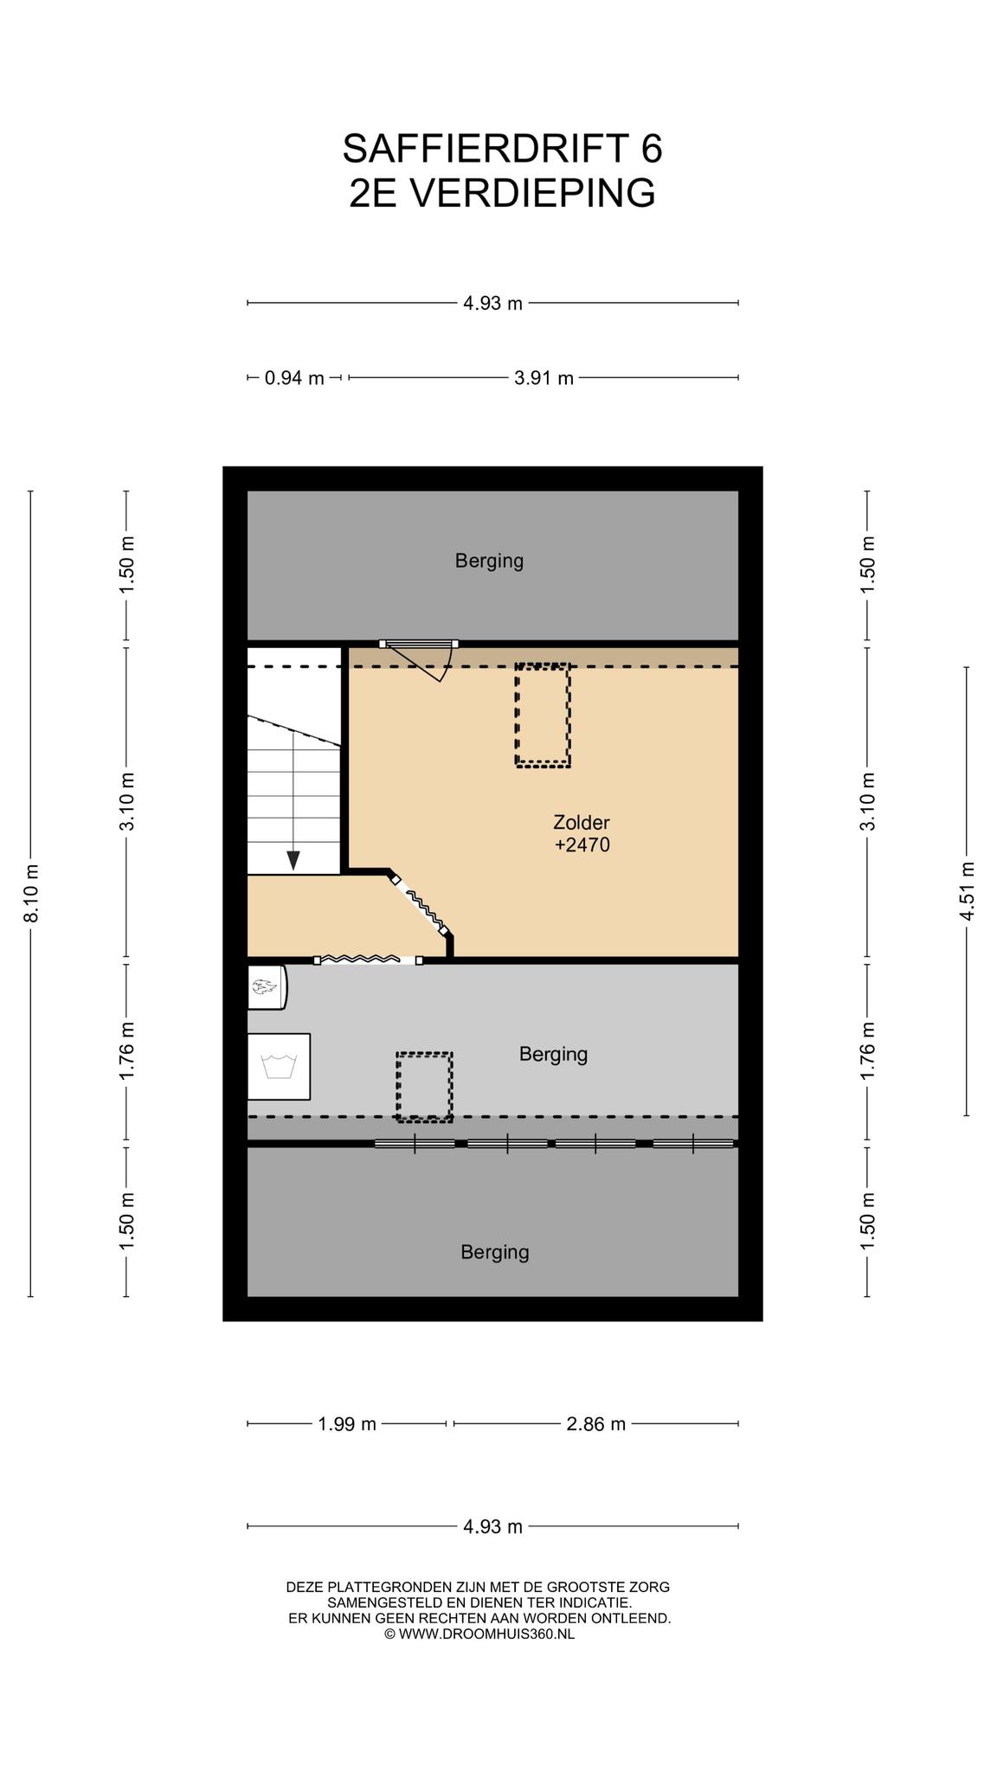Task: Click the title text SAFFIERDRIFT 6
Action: pyautogui.click(x=502, y=149)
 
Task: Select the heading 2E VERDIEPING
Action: pyautogui.click(x=502, y=193)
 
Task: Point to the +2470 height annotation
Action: pyautogui.click(x=582, y=844)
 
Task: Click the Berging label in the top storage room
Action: pyautogui.click(x=490, y=561)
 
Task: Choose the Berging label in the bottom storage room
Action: pyautogui.click(x=495, y=1252)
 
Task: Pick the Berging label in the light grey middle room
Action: pyautogui.click(x=554, y=1054)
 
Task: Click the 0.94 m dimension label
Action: pyautogui.click(x=294, y=378)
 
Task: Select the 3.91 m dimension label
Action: pyautogui.click(x=544, y=378)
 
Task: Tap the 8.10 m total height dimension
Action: pyautogui.click(x=31, y=893)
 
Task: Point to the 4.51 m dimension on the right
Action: pyautogui.click(x=968, y=891)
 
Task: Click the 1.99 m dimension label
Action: pyautogui.click(x=348, y=1424)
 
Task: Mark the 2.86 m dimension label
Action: pyautogui.click(x=596, y=1424)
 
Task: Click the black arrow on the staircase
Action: pyautogui.click(x=293, y=860)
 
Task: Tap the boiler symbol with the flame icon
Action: pyautogui.click(x=267, y=986)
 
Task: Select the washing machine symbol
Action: pyautogui.click(x=279, y=1066)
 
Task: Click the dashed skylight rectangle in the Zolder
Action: pyautogui.click(x=543, y=716)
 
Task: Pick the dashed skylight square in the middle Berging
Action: pyautogui.click(x=425, y=1087)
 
